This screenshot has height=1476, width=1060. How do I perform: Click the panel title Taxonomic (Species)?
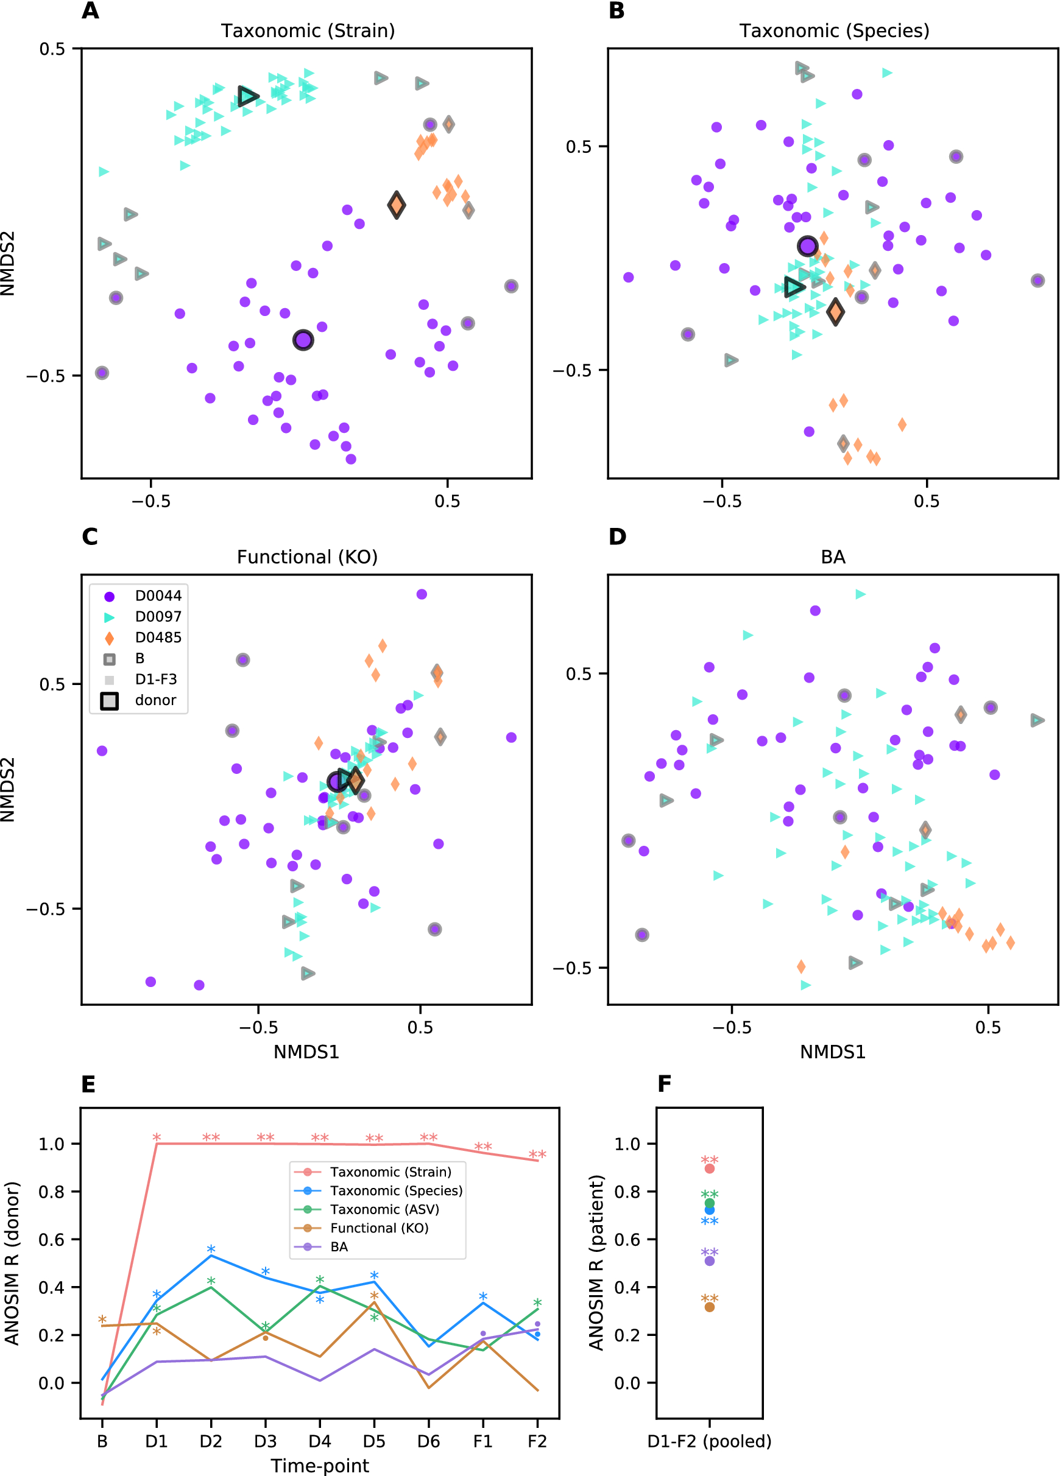point(833,30)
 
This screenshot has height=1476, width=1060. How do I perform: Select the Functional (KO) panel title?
point(306,557)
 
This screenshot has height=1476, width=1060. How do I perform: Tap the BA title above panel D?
point(833,557)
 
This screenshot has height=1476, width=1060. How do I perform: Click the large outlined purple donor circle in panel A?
point(303,340)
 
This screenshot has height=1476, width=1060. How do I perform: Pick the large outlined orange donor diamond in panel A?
point(396,205)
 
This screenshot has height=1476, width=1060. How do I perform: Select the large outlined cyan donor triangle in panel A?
point(247,96)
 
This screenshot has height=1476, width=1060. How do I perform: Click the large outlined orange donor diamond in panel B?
point(835,312)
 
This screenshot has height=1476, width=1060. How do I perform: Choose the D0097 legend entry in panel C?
point(158,616)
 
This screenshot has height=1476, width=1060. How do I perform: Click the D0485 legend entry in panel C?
point(158,637)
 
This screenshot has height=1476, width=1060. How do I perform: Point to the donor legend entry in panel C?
point(155,700)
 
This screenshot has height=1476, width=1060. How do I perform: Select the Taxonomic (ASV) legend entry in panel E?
point(384,1209)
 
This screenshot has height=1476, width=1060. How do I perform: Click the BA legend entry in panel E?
point(339,1247)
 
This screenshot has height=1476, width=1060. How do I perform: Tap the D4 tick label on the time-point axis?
point(320,1441)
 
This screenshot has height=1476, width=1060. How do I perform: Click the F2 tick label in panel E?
point(537,1441)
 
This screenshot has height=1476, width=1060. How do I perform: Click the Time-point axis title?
point(320,1466)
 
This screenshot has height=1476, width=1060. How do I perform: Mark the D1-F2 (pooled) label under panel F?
point(709,1441)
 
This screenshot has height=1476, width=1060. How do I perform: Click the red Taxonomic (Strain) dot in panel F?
point(709,1169)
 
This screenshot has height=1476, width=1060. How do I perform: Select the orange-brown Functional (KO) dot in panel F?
point(709,1307)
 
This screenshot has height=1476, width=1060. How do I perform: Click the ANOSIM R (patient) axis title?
point(596,1262)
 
